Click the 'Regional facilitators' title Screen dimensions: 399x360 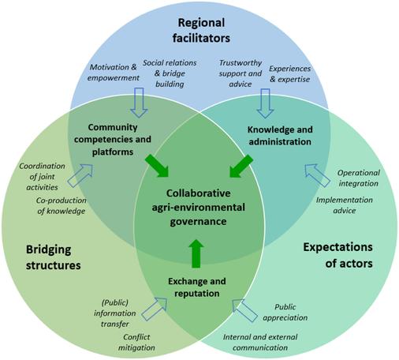point(201,31)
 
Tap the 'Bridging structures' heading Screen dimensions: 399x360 point(53,257)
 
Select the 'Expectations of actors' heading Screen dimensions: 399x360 point(337,255)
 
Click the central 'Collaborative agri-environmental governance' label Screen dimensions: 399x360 point(199,208)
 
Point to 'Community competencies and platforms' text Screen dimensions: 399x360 point(113,140)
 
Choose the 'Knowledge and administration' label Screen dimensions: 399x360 point(280,136)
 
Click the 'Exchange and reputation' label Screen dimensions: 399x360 point(197,287)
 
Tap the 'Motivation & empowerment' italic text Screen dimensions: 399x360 point(114,73)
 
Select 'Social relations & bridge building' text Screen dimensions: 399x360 point(170,73)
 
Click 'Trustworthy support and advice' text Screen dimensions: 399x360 point(241,73)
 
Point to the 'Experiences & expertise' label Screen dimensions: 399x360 point(289,74)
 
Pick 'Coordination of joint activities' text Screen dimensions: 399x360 point(42,177)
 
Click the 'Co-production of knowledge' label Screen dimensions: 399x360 point(62,206)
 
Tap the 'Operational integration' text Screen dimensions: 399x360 point(359,178)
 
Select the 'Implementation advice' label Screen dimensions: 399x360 point(345,205)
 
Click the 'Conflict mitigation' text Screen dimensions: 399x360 point(136,343)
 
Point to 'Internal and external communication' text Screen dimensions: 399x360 point(260,343)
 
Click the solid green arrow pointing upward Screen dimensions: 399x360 point(196,253)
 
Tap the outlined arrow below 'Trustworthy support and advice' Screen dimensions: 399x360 point(265,103)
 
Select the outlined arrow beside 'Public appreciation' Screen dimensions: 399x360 point(245,310)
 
